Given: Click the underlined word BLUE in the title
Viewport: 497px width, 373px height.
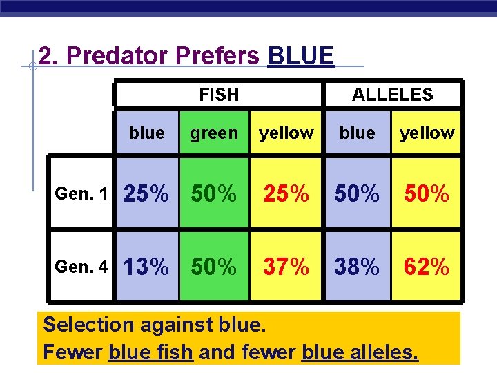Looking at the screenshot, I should coord(300,56).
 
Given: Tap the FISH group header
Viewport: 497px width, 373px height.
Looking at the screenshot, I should coord(219,95).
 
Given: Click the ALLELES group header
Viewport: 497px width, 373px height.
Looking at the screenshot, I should coord(392,95).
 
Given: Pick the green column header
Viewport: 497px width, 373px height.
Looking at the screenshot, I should coord(214,133).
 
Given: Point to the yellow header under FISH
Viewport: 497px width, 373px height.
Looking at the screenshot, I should coord(286,133).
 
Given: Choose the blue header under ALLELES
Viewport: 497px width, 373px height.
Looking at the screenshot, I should coord(357,133).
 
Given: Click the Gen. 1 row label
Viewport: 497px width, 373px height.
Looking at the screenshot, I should coord(82,194).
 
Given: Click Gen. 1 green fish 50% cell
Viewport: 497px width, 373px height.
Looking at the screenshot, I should coord(214,194).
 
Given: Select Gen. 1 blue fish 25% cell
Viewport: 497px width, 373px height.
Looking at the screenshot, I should coord(146,194).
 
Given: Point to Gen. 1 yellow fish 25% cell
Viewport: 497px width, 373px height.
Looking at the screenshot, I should coord(286,194).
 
